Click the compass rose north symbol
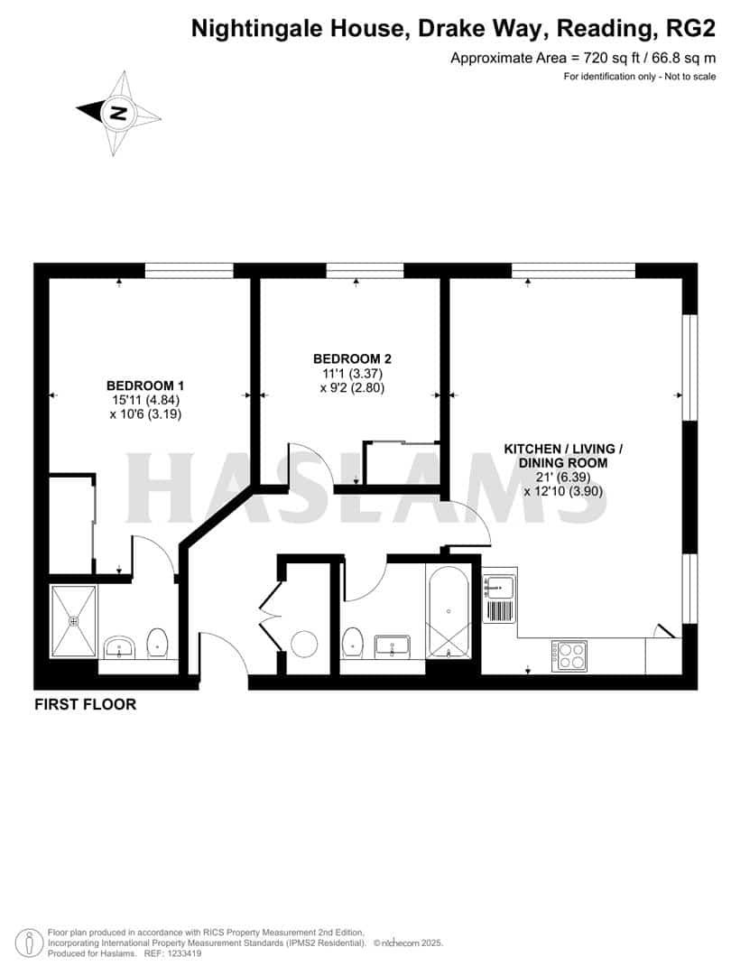[x=118, y=114]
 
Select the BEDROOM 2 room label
[x=353, y=358]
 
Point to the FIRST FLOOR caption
[x=86, y=704]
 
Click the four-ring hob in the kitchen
[x=569, y=655]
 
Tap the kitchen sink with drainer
[x=500, y=599]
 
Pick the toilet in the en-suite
[x=158, y=642]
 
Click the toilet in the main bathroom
[x=354, y=643]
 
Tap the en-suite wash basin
[x=119, y=646]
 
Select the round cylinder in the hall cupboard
[x=304, y=644]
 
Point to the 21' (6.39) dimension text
[x=563, y=477]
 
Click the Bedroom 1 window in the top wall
[x=190, y=270]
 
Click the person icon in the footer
[x=31, y=942]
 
